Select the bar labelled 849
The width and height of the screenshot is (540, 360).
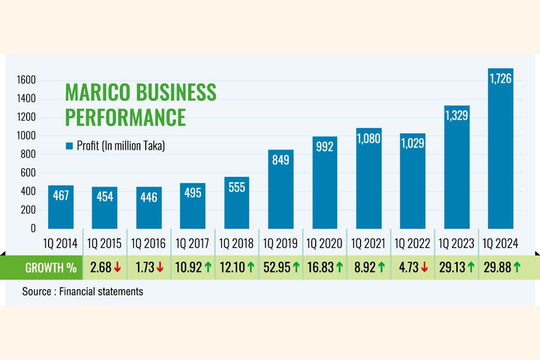(281, 189)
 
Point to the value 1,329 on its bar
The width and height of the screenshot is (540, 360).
(457, 115)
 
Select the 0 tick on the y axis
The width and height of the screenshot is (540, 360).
(34, 229)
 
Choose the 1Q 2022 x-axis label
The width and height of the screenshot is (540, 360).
(412, 244)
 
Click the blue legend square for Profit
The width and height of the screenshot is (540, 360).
(69, 146)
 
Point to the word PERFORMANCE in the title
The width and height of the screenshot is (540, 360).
(125, 117)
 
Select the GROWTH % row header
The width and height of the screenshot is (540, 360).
(50, 268)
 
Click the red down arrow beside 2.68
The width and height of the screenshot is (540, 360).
(118, 268)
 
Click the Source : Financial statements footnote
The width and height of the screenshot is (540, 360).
(83, 292)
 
